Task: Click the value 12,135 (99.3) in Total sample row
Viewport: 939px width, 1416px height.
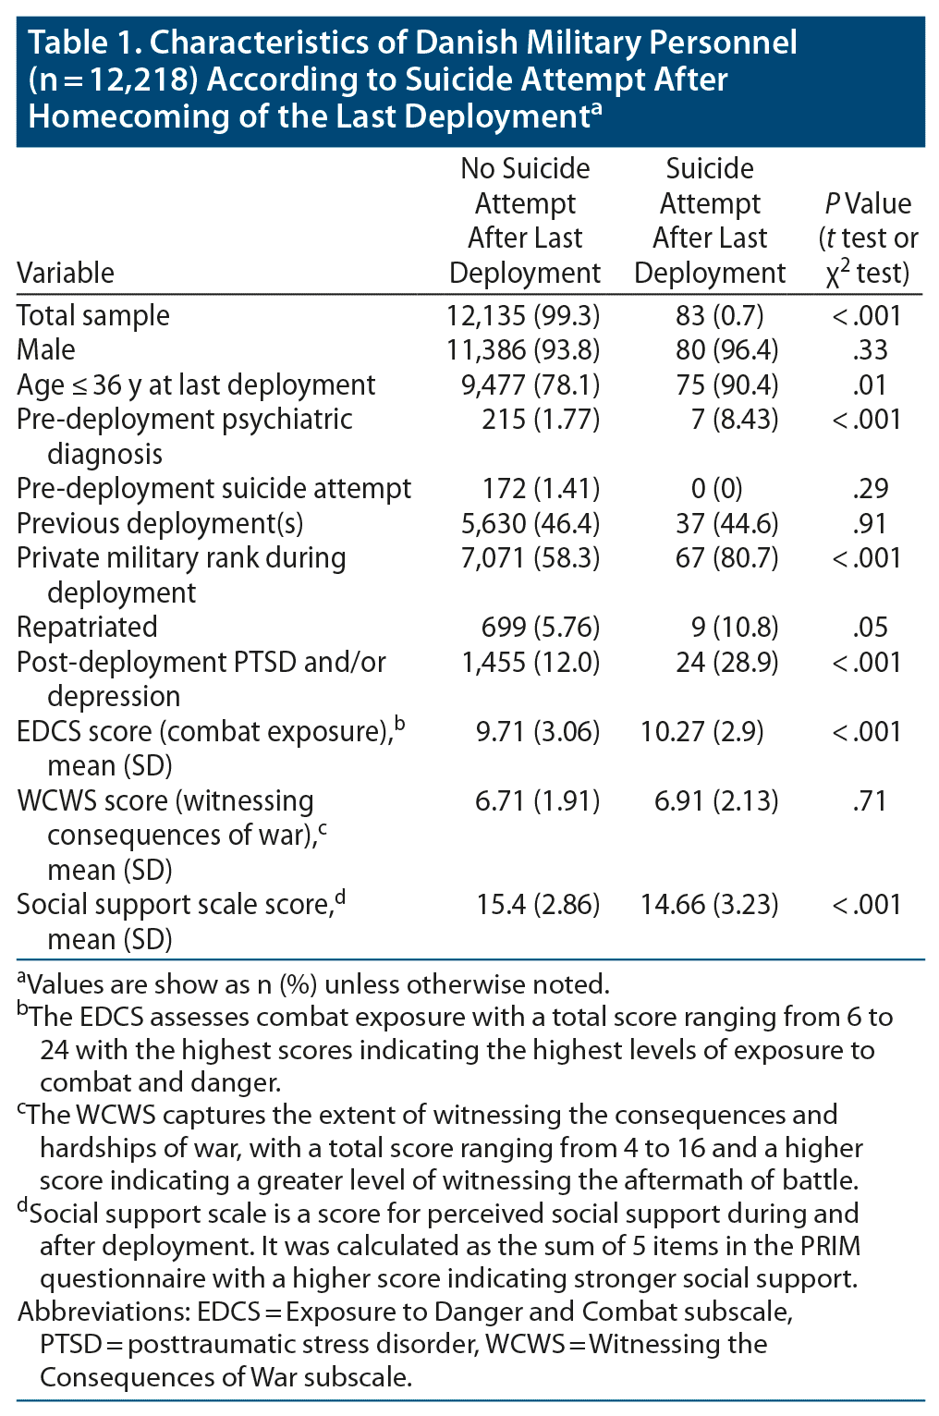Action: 523,315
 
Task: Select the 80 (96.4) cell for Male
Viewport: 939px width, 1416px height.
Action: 726,349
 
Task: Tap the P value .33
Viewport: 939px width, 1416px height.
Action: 869,349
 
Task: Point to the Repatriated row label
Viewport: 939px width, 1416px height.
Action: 87,627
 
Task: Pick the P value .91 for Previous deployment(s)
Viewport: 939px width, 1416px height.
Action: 869,523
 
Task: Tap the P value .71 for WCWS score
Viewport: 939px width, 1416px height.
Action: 869,800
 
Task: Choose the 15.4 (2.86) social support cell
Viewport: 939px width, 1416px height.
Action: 538,904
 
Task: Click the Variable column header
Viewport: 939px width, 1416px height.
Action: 66,273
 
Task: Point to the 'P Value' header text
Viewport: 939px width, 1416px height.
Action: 867,203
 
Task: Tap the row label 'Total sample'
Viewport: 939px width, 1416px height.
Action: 93,315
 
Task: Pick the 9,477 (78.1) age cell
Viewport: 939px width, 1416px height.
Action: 530,385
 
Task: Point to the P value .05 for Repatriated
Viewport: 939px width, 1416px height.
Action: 869,627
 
